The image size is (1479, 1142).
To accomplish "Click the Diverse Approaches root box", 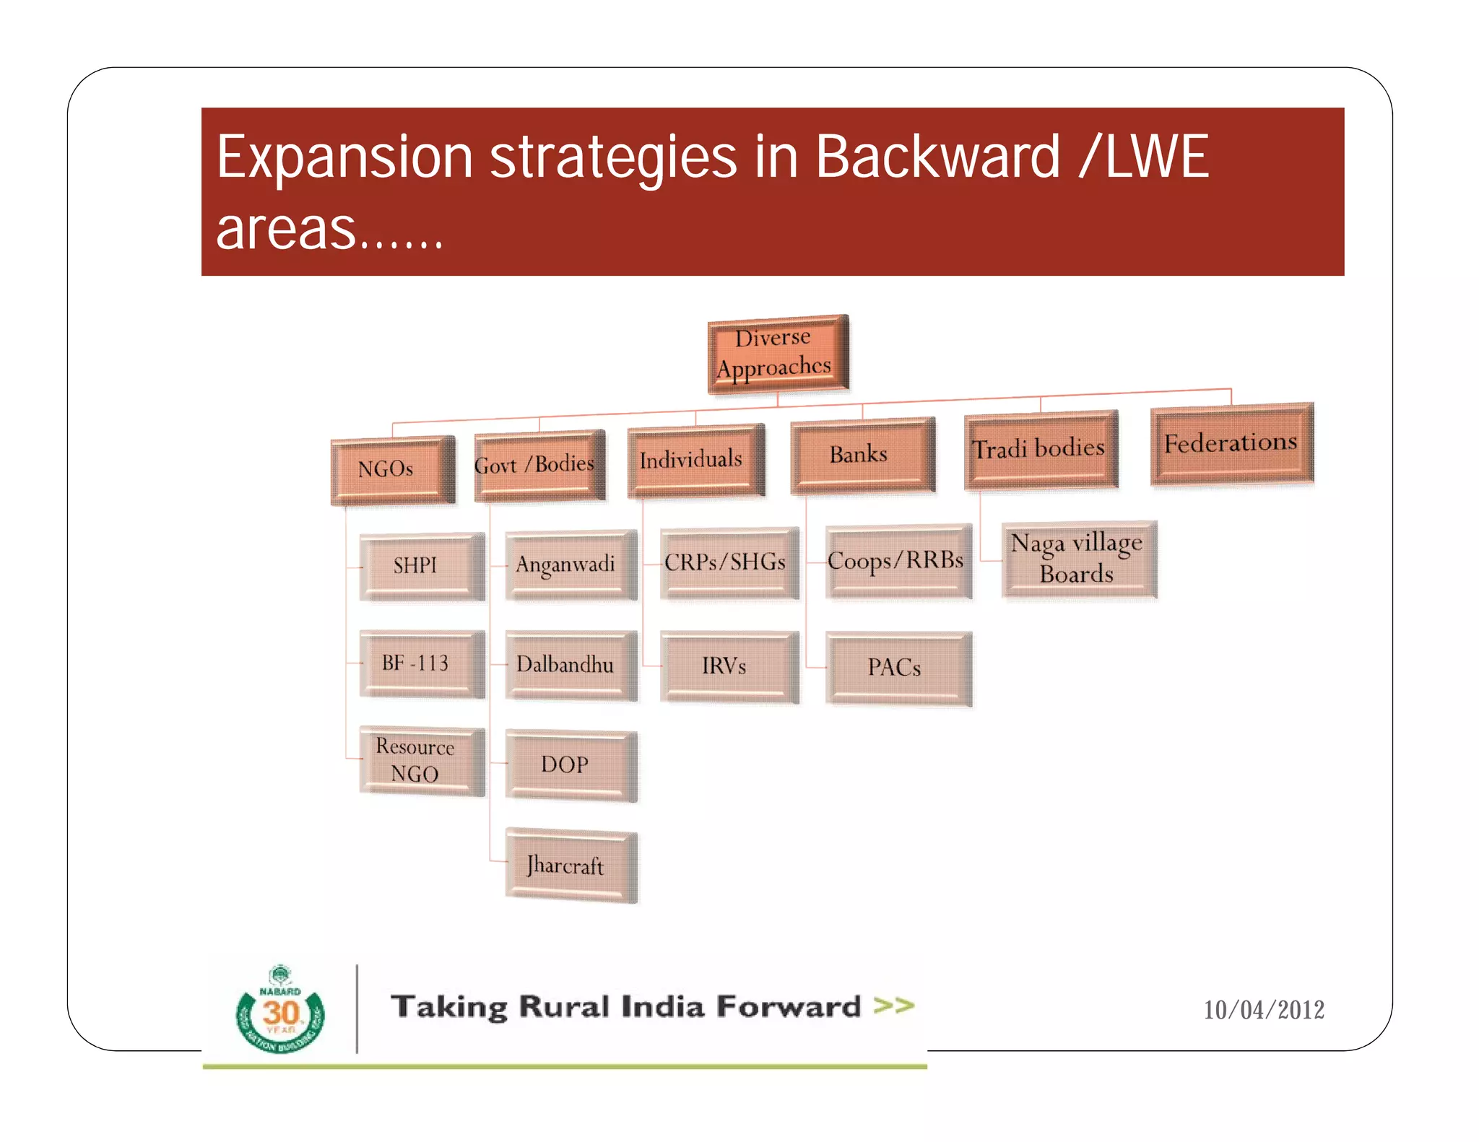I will pyautogui.click(x=778, y=354).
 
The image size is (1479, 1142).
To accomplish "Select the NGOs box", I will pyautogui.click(x=392, y=470).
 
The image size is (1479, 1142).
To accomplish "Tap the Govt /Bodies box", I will pyautogui.click(x=539, y=465).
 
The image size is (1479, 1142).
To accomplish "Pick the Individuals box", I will pyautogui.click(x=695, y=460).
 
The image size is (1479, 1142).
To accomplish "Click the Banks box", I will pyautogui.click(x=862, y=455).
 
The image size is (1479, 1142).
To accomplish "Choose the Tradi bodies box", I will pyautogui.click(x=1041, y=449).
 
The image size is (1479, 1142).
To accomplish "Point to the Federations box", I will pyautogui.click(x=1231, y=443).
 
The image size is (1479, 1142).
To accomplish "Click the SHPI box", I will pyautogui.click(x=421, y=566).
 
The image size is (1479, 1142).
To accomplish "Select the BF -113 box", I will pyautogui.click(x=421, y=663).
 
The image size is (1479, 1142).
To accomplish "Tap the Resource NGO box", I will pyautogui.click(x=421, y=760).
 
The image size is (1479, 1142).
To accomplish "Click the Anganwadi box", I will pyautogui.click(x=571, y=565).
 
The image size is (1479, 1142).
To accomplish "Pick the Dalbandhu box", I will pyautogui.click(x=571, y=665).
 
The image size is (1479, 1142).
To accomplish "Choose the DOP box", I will pyautogui.click(x=571, y=764).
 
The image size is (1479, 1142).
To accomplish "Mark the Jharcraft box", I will pyautogui.click(x=571, y=865).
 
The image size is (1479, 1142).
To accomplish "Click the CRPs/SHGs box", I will pyautogui.click(x=729, y=562).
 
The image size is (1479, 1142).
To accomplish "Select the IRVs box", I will pyautogui.click(x=729, y=666).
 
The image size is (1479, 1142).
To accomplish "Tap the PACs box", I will pyautogui.click(x=898, y=668).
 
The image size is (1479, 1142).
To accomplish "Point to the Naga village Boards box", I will pyautogui.click(x=1079, y=559).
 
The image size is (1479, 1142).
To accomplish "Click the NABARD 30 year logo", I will pyautogui.click(x=280, y=1011).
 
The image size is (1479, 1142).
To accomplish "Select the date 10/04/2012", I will pyautogui.click(x=1263, y=1010).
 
